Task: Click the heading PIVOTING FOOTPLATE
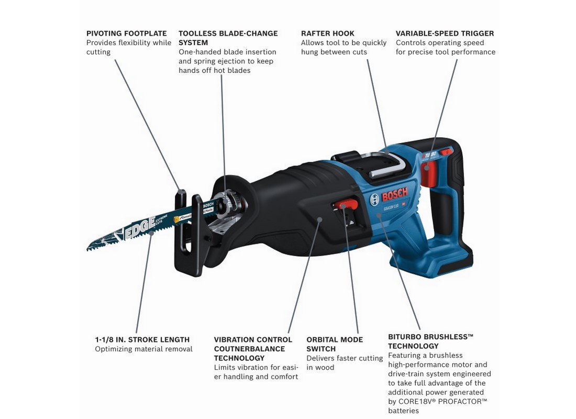tap(126, 34)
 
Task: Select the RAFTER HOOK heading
tap(328, 34)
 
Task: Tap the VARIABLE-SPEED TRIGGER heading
tap(445, 34)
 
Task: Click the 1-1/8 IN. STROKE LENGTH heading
tap(142, 339)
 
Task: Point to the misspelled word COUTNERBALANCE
tap(249, 349)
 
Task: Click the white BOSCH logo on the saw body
tap(390, 195)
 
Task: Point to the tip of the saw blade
tap(87, 249)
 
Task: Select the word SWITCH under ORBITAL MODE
tap(321, 349)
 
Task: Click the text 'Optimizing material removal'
tap(143, 349)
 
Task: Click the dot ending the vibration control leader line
tap(320, 219)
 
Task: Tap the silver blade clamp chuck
tap(231, 203)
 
